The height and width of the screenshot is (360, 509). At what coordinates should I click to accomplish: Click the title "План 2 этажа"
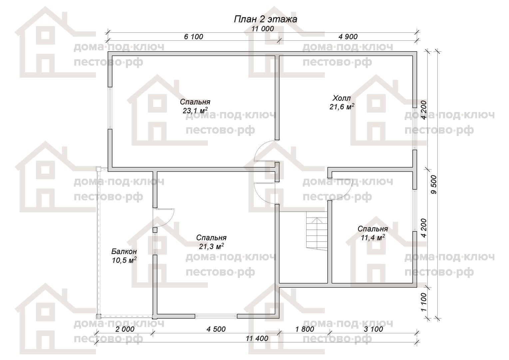pyautogui.click(x=265, y=19)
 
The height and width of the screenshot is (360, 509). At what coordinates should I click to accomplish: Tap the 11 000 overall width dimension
pyautogui.click(x=262, y=29)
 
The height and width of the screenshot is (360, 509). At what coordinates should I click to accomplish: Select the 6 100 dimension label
pyautogui.click(x=194, y=37)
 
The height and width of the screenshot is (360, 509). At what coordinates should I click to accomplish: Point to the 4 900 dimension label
pyautogui.click(x=348, y=37)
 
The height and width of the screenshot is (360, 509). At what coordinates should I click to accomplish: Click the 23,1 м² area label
pyautogui.click(x=195, y=111)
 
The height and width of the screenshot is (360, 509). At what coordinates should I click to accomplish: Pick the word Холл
pyautogui.click(x=341, y=98)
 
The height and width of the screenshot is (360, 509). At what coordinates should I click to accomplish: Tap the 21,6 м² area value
pyautogui.click(x=342, y=107)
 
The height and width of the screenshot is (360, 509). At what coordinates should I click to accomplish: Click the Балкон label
pyautogui.click(x=124, y=251)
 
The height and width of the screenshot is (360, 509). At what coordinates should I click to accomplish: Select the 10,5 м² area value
pyautogui.click(x=124, y=260)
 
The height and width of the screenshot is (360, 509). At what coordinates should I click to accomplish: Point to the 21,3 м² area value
pyautogui.click(x=211, y=246)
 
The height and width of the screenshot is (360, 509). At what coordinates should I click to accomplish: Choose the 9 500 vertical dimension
pyautogui.click(x=434, y=184)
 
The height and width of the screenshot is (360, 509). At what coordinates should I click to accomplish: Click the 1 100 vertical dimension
pyautogui.click(x=424, y=302)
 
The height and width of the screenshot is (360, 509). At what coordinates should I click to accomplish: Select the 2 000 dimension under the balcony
pyautogui.click(x=125, y=329)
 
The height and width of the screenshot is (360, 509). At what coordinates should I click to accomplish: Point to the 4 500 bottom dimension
pyautogui.click(x=216, y=329)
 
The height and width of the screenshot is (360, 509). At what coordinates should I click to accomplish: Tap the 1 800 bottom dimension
pyautogui.click(x=305, y=329)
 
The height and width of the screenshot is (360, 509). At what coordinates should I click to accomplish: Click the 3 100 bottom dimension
pyautogui.click(x=373, y=329)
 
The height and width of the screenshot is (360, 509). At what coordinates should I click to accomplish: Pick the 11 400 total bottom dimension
pyautogui.click(x=257, y=338)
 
